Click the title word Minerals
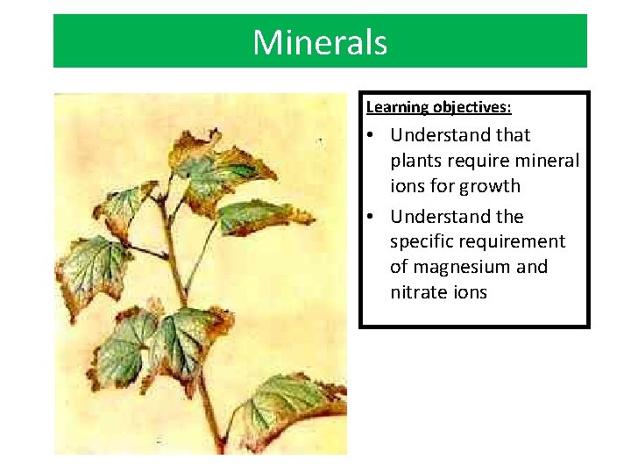point(320,42)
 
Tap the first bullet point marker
point(372,135)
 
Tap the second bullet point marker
point(372,217)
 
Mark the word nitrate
point(419,292)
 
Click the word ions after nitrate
point(470,292)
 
